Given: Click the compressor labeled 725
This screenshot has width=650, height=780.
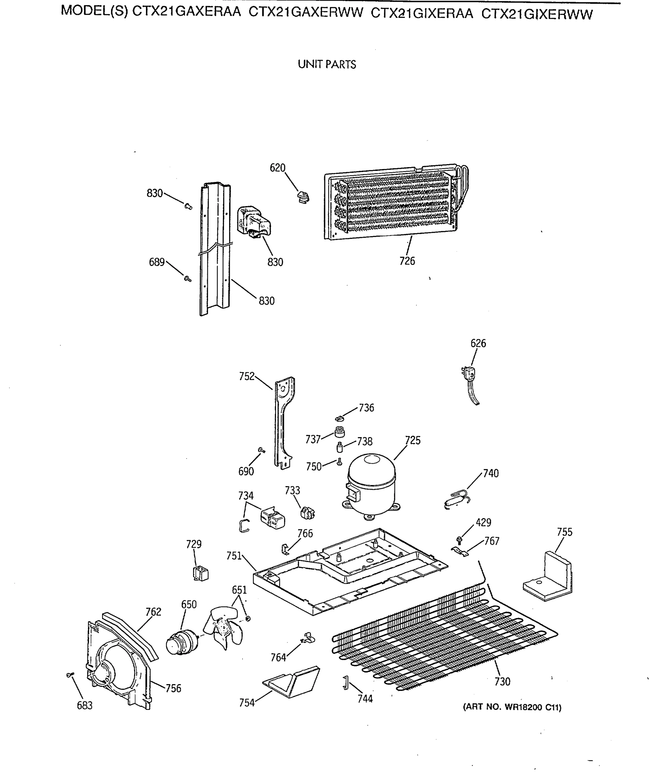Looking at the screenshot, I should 371,485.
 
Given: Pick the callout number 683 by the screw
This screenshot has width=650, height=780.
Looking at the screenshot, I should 85,706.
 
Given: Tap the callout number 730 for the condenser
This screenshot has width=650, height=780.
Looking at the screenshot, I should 502,682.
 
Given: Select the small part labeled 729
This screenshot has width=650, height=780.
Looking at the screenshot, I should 201,574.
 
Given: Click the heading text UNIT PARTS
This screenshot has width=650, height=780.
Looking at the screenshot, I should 327,65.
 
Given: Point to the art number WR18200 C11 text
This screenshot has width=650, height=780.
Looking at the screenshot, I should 512,707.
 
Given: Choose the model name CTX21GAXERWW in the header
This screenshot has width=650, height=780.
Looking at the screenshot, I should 305,13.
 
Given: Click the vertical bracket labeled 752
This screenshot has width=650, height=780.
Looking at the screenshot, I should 284,423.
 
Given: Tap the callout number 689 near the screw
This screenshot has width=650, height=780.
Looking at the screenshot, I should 156,262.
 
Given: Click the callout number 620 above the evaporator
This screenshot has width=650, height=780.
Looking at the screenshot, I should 278,168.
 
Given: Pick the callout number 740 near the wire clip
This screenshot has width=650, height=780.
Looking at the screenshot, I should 491,473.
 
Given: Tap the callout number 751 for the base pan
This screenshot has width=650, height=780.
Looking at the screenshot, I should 234,556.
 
